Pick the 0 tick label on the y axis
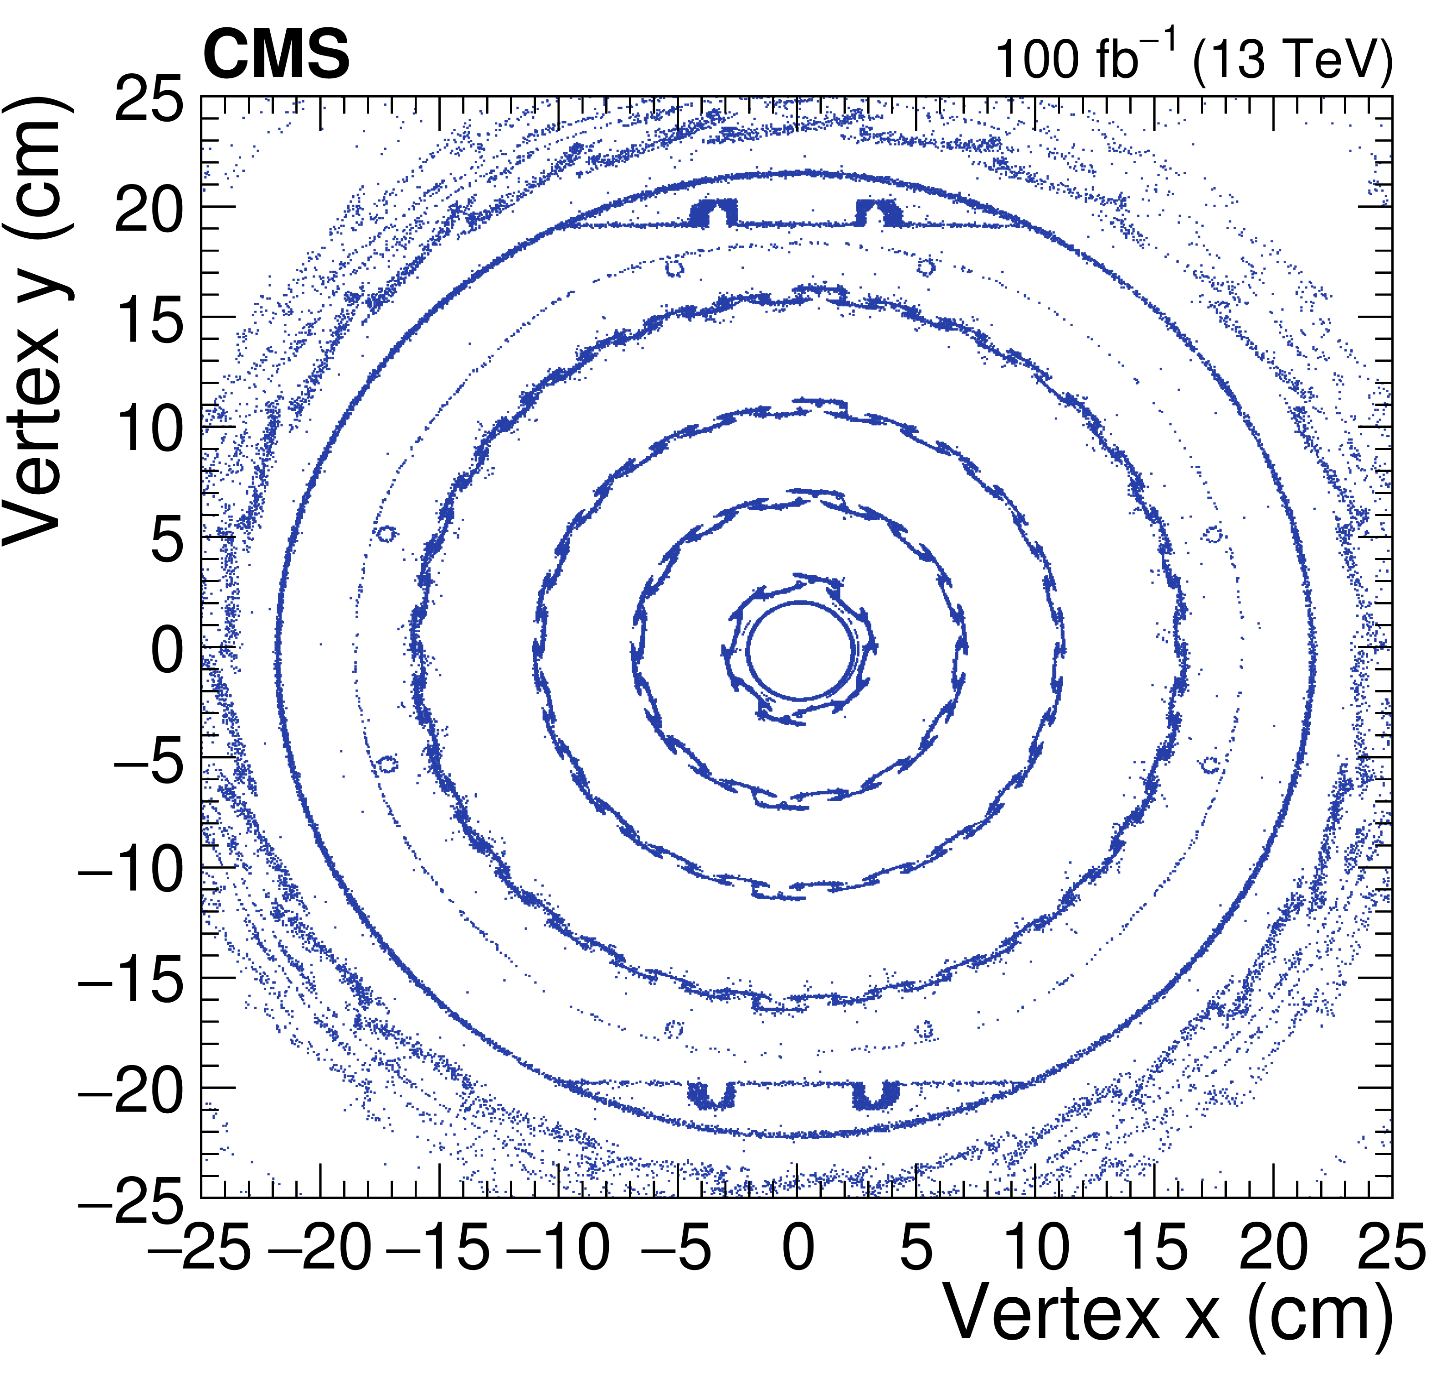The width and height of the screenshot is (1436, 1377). click(x=167, y=650)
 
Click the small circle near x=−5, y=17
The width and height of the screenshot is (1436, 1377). click(x=674, y=269)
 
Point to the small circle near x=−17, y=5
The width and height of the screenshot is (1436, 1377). click(x=386, y=533)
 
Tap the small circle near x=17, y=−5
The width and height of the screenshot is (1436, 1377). click(x=1210, y=765)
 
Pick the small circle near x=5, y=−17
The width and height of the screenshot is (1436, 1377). click(x=926, y=1029)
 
